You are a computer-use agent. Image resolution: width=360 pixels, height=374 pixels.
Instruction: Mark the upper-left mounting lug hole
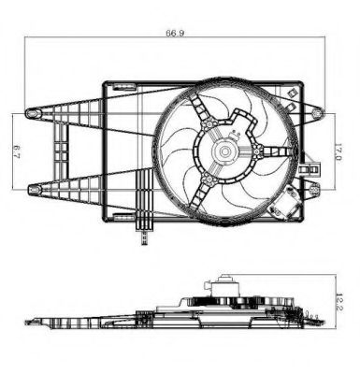point(35,113)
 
